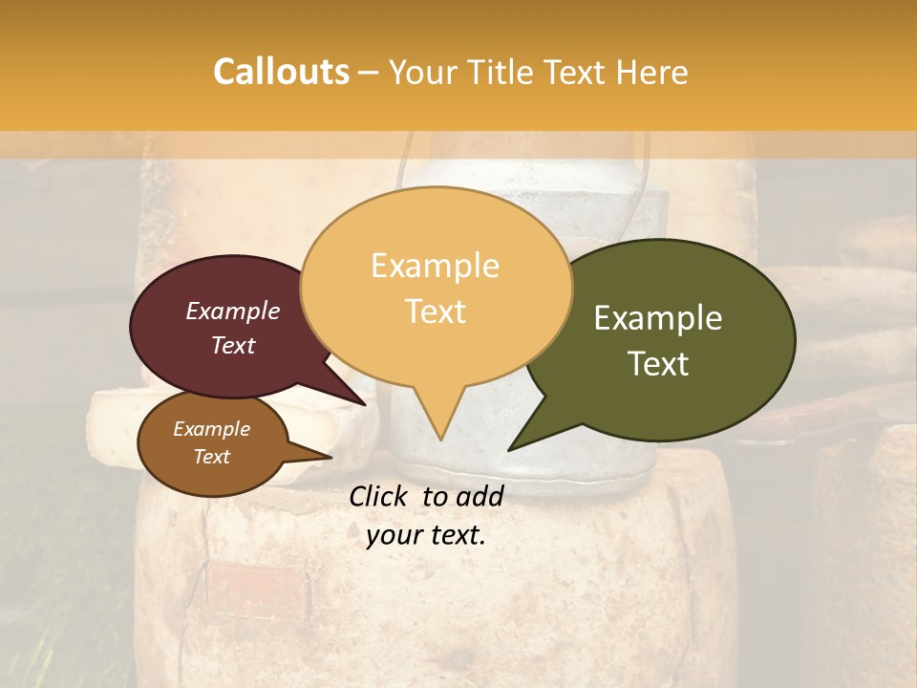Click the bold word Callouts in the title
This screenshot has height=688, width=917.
(x=281, y=72)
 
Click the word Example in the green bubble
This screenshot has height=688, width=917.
(x=658, y=318)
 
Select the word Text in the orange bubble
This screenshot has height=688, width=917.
(x=436, y=312)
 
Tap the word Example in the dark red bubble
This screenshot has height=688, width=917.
(x=233, y=311)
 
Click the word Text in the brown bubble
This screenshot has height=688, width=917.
(x=212, y=457)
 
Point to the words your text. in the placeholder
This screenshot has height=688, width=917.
(x=426, y=535)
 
